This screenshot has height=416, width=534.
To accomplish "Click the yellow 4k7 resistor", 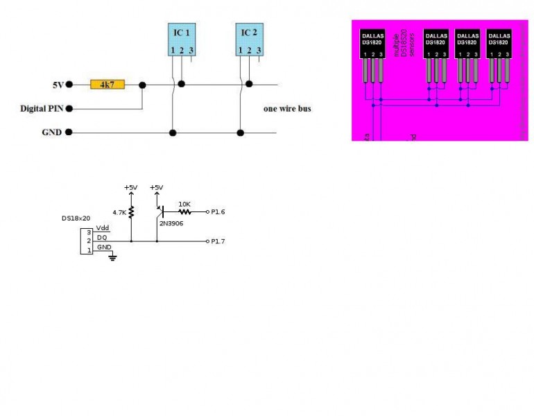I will click(x=107, y=85).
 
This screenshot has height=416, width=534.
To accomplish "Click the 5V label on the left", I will click(x=58, y=85).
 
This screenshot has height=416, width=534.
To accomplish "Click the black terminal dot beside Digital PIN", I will click(x=69, y=109).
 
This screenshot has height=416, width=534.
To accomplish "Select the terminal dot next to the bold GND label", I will click(x=69, y=132).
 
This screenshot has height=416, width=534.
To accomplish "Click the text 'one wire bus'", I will click(x=286, y=109).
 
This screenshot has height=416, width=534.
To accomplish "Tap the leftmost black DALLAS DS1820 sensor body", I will click(x=372, y=44).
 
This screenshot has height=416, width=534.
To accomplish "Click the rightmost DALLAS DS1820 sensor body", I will click(x=499, y=44).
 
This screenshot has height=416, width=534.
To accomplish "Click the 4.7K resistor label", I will click(x=119, y=212).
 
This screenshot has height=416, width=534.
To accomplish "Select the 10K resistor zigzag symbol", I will click(x=184, y=211).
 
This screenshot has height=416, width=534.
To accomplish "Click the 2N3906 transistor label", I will click(x=171, y=223).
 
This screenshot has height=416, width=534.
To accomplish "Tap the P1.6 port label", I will click(x=218, y=211).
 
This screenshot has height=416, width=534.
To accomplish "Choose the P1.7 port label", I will click(x=218, y=241).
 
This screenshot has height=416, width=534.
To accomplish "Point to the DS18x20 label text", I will click(x=75, y=218).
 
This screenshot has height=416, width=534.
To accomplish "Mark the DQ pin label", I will click(x=101, y=238).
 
